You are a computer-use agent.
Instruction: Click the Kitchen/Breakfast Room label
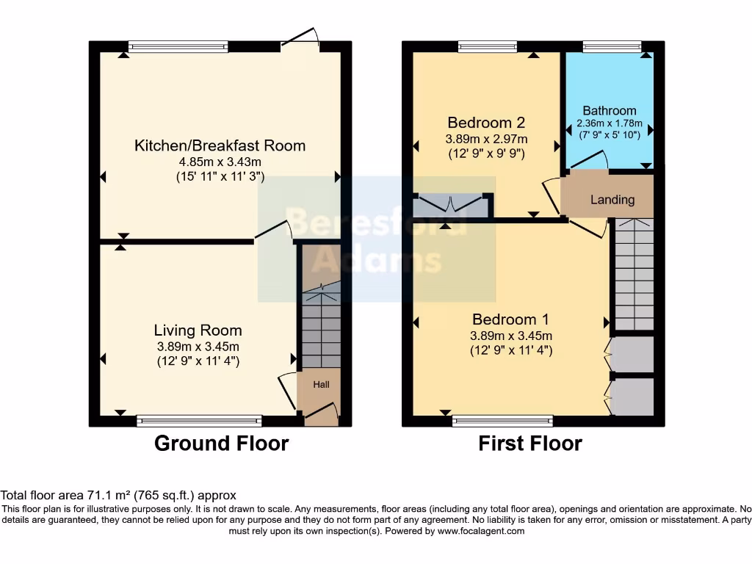(x=220, y=145)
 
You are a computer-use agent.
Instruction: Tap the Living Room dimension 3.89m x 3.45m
(x=198, y=347)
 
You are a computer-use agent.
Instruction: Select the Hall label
(x=322, y=384)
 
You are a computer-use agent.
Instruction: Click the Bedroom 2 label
(x=486, y=123)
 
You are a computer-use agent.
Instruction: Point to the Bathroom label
(x=610, y=111)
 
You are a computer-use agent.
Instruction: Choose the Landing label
(x=612, y=200)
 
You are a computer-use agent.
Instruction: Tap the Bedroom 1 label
(x=510, y=319)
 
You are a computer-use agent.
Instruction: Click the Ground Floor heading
(x=221, y=444)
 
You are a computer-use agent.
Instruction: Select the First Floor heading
(x=530, y=444)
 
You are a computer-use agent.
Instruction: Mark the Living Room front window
(x=199, y=421)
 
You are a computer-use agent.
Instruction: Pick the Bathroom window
(x=612, y=47)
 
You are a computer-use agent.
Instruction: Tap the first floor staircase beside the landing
(x=633, y=275)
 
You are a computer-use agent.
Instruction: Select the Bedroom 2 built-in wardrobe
(x=451, y=206)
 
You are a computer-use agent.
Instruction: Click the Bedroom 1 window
(x=502, y=421)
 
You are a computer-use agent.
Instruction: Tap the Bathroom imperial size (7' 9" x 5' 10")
(x=610, y=134)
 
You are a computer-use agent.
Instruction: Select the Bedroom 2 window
(x=487, y=47)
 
